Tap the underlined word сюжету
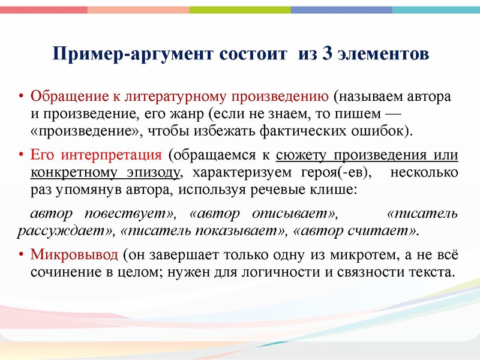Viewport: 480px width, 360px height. point(300,155)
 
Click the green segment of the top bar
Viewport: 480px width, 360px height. point(240,10)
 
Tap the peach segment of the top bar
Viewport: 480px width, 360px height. point(138,10)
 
